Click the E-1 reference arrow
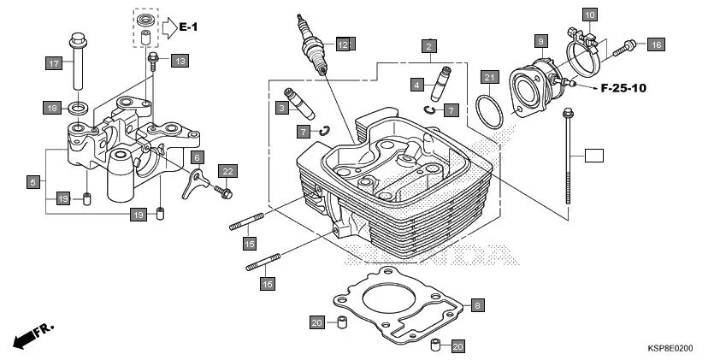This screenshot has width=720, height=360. [x=177, y=27]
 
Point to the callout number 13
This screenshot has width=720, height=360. [x=178, y=61]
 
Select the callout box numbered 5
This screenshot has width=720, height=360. [x=32, y=182]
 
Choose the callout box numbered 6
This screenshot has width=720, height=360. [x=197, y=157]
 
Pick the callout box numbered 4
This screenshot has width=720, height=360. [x=416, y=85]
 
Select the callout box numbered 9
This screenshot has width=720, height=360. [x=540, y=40]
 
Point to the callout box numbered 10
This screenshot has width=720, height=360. [x=589, y=15]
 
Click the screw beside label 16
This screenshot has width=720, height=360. [x=629, y=44]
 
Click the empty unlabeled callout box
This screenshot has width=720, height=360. [x=593, y=156]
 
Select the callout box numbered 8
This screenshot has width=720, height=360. [x=477, y=304]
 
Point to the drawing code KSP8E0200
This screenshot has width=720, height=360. [x=670, y=350]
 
